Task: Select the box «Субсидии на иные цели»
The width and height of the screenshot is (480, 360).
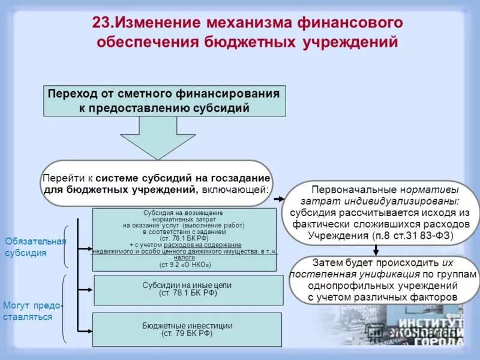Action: pos(187,290)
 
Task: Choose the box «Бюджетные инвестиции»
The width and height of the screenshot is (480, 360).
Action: pos(187,329)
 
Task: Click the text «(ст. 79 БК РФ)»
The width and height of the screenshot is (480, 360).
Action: pos(187,334)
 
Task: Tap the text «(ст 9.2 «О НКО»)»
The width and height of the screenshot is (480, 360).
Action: pos(185,264)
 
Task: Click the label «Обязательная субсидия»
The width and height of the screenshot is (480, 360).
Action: pos(34,247)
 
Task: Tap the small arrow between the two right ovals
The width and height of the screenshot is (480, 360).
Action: pos(376,250)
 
